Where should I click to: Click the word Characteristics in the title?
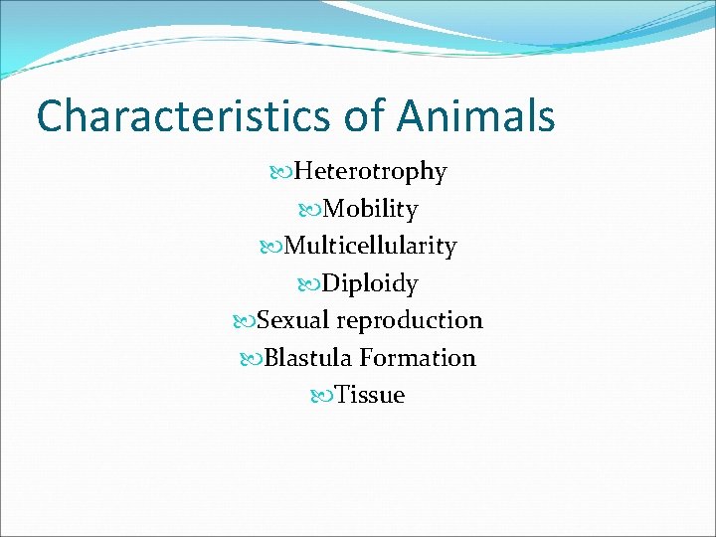tap(182, 116)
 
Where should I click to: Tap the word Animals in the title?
tap(476, 116)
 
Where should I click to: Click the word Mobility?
tap(370, 210)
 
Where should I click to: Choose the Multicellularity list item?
tap(370, 246)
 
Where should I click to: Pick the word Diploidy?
tap(370, 284)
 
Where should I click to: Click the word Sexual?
tap(293, 320)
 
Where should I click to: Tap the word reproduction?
tap(410, 321)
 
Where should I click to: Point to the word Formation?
tap(418, 358)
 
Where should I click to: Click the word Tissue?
tap(370, 396)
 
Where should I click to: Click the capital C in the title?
tap(50, 116)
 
